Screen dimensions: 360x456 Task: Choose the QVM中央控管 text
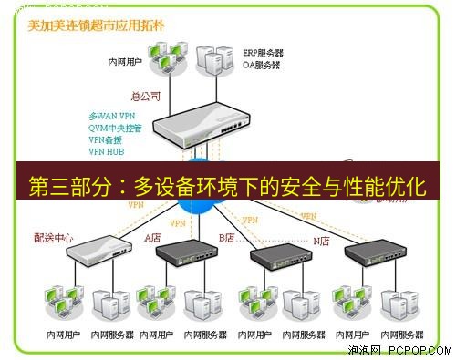point(114,129)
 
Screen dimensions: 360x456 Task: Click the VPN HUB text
point(106,151)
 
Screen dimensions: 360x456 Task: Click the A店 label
point(152,238)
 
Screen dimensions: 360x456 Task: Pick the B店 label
point(227,238)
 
